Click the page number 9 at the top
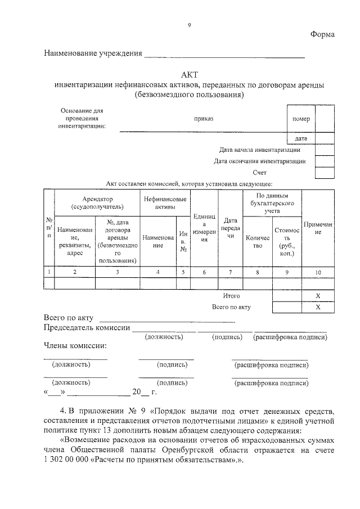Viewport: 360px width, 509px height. click(189, 25)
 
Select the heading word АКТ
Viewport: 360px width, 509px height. click(189, 74)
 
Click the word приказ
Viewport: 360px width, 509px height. click(204, 119)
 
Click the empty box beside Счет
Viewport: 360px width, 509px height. click(324, 173)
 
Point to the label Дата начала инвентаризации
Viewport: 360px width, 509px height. click(260, 150)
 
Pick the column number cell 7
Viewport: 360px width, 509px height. click(229, 272)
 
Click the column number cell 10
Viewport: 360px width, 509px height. click(318, 272)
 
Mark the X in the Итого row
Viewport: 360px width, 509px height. click(318, 296)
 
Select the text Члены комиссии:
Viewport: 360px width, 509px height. click(75, 345)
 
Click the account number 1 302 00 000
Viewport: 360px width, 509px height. click(69, 460)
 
